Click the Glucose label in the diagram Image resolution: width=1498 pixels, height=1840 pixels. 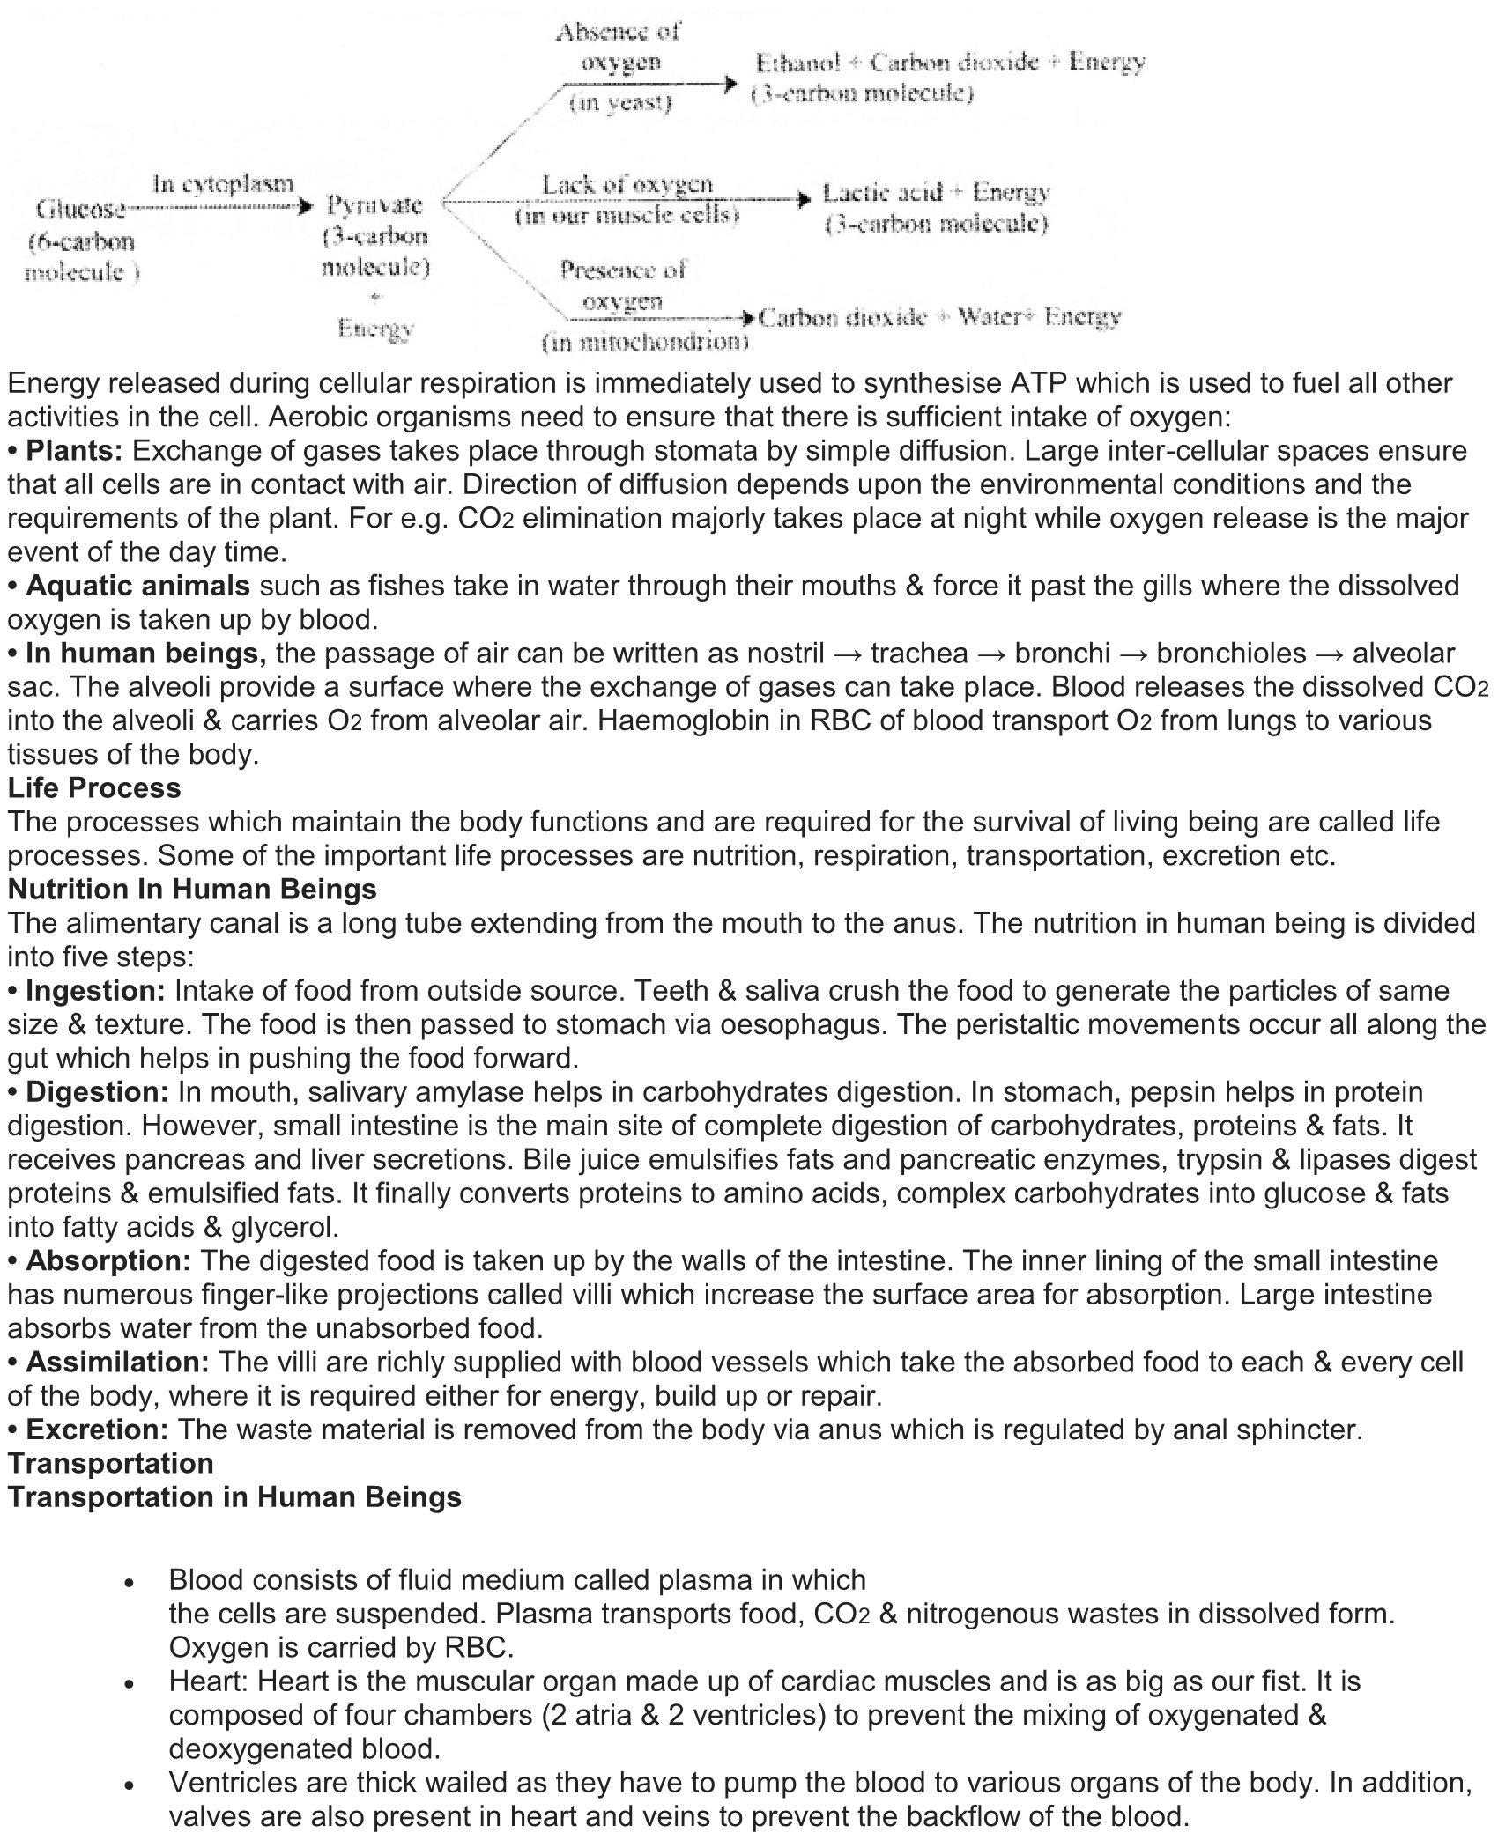tap(81, 210)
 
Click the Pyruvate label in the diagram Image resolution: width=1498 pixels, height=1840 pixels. tap(374, 205)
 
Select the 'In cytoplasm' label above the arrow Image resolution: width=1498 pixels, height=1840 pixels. tap(223, 184)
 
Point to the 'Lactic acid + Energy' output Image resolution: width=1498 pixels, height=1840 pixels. tap(936, 193)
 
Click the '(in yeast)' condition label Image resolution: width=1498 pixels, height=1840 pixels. tap(621, 104)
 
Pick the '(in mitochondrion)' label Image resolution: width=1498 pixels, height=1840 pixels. tap(645, 342)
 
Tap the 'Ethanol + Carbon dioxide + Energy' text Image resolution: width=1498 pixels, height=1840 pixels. tap(951, 63)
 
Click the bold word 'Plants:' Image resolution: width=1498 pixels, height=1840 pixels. tap(74, 451)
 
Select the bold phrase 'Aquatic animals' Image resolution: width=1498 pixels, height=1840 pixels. tap(137, 586)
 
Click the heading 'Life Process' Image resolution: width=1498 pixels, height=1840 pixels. tap(94, 787)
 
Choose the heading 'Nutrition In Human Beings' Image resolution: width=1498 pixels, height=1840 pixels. tap(192, 889)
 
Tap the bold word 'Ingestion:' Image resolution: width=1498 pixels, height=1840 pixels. tap(95, 990)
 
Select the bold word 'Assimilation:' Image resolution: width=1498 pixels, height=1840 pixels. tap(117, 1362)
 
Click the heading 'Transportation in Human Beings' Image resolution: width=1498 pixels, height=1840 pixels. tap(234, 1496)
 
